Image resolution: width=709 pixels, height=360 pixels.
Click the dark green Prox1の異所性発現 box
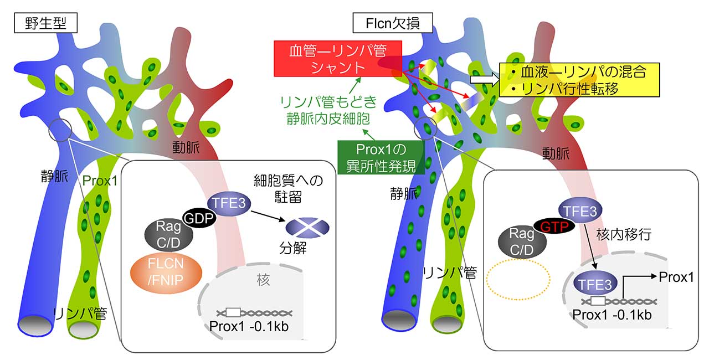[x=382, y=157]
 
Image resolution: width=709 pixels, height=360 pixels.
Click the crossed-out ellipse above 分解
[x=307, y=227]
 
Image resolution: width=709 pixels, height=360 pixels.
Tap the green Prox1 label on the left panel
[x=99, y=181]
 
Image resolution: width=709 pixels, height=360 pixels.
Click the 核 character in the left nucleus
[x=263, y=280]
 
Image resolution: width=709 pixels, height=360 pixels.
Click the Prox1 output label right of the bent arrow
[x=676, y=276]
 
